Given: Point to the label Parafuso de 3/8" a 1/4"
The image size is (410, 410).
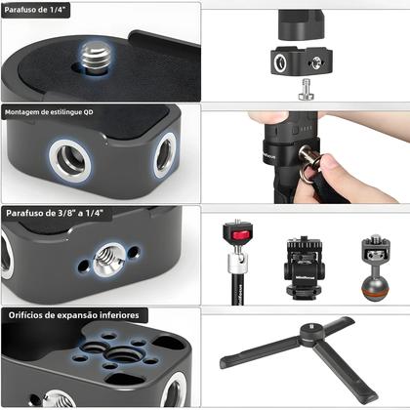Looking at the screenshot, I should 55,213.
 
